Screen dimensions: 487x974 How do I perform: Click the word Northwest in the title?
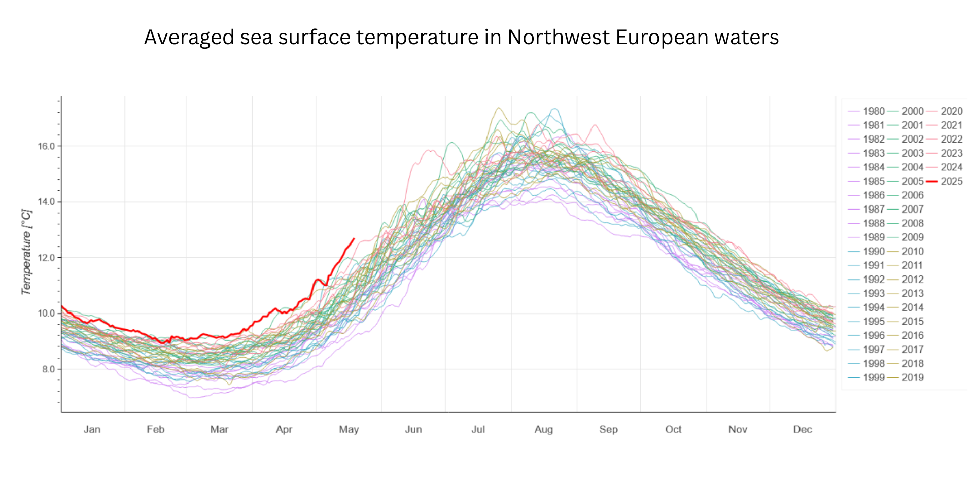tap(558, 38)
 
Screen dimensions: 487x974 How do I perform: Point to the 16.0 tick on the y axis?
tap(46, 146)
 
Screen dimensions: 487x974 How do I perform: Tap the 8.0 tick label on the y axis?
tap(49, 369)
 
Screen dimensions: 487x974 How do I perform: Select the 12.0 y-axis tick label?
tap(46, 258)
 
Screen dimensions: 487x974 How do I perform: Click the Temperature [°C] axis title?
tap(26, 252)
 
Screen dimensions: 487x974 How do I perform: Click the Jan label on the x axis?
tap(92, 429)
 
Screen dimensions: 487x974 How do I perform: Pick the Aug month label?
tap(543, 429)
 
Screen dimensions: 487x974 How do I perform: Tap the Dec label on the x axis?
tap(803, 429)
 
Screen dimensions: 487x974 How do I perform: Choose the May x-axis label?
tap(349, 429)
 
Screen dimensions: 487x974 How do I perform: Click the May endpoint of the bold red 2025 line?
tap(354, 239)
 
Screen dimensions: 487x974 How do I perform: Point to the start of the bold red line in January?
tap(62, 306)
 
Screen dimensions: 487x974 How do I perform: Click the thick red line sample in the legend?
tap(932, 181)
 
